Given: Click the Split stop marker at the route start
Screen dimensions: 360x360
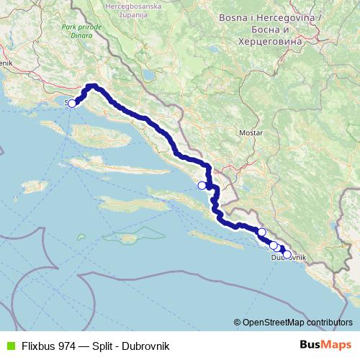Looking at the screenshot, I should pos(71,103).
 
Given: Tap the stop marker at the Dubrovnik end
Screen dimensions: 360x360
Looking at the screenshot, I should pos(287,254).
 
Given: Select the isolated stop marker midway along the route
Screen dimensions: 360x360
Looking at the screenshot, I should pos(202,185).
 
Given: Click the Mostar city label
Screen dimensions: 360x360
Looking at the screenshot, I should pos(251,133).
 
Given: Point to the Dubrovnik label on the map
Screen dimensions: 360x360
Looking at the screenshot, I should pos(289,257).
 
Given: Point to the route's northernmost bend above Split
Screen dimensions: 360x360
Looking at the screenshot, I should pos(92,86).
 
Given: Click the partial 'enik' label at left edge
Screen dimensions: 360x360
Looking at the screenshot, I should pos(7,63).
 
